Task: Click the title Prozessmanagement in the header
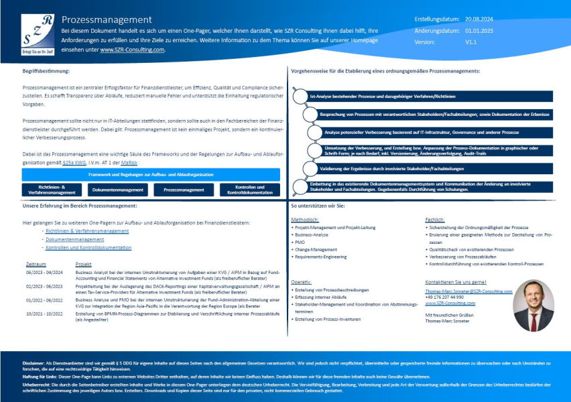pos(107,20)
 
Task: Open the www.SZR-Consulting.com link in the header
pos(132,50)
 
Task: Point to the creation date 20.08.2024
pos(480,19)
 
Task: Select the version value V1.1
pos(471,42)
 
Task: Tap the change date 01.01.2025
pos(480,30)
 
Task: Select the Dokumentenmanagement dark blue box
pos(118,190)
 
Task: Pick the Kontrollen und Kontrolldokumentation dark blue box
pos(250,190)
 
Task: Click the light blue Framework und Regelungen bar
pos(151,174)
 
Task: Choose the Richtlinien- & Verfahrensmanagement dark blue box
pos(52,190)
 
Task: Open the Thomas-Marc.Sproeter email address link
pos(468,291)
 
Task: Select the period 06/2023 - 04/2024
pos(44,273)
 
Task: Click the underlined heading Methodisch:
pos(305,219)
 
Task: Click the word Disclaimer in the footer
pos(34,362)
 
